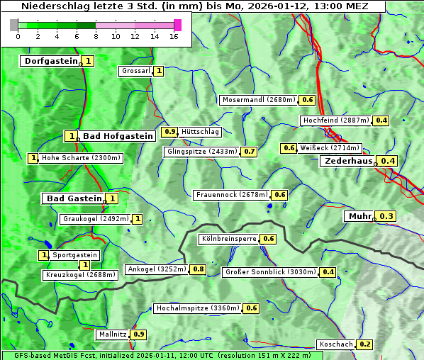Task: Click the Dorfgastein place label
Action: pyautogui.click(x=50, y=61)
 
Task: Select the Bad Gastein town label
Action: pyautogui.click(x=74, y=198)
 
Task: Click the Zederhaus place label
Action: pyautogui.click(x=347, y=161)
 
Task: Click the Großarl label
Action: pyautogui.click(x=135, y=71)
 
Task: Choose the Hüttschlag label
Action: pyautogui.click(x=200, y=132)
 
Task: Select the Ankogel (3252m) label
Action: pyautogui.click(x=157, y=269)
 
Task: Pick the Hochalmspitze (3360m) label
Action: pyautogui.click(x=198, y=308)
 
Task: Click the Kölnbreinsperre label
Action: pyautogui.click(x=228, y=239)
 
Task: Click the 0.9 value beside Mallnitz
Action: pyautogui.click(x=139, y=334)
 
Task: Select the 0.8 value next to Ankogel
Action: pyautogui.click(x=199, y=269)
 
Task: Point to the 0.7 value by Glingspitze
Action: pyautogui.click(x=249, y=152)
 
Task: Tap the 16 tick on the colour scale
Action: pyautogui.click(x=174, y=36)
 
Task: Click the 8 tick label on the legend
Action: pyautogui.click(x=96, y=36)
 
